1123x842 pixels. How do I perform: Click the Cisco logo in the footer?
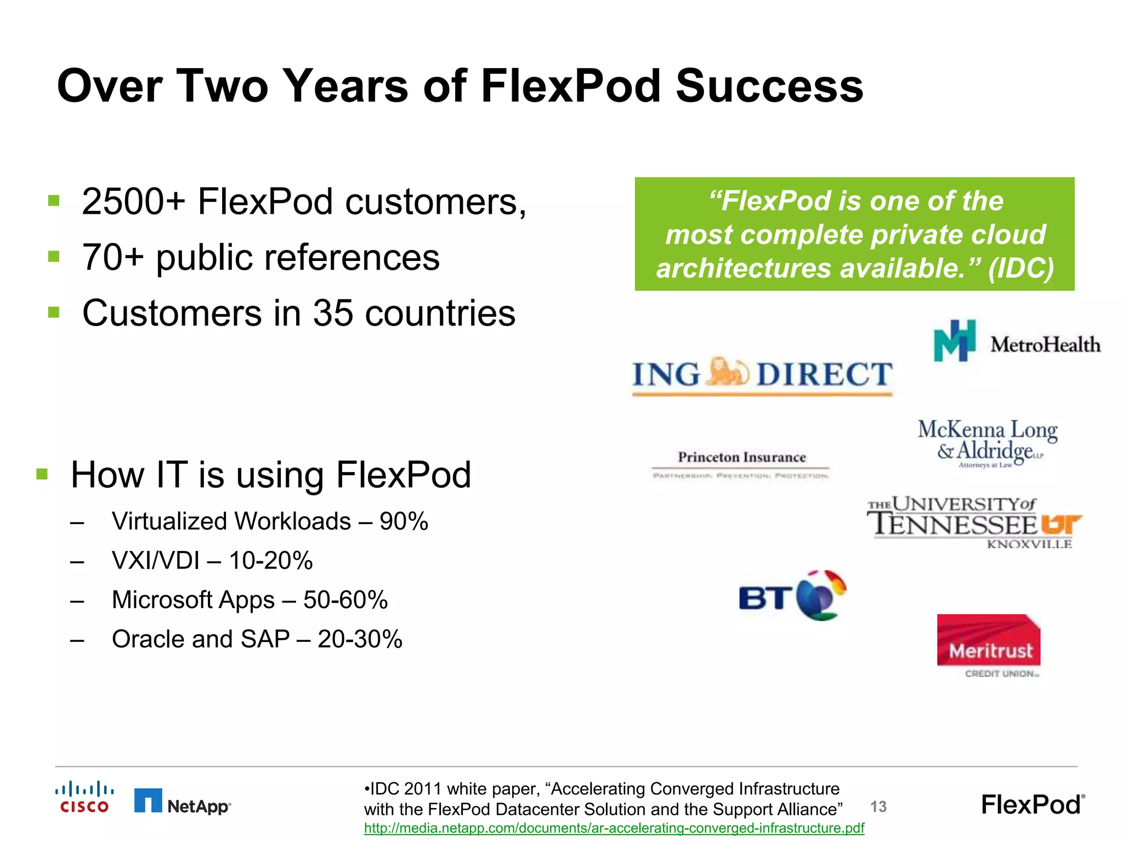pyautogui.click(x=84, y=797)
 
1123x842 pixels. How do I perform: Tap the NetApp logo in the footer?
pyautogui.click(x=183, y=801)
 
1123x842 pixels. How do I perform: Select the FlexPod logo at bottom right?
pyautogui.click(x=1033, y=805)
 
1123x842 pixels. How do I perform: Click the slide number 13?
pyautogui.click(x=878, y=806)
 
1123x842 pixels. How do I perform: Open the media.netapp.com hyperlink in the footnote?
pyautogui.click(x=614, y=828)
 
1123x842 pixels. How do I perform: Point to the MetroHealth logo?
pyautogui.click(x=1017, y=342)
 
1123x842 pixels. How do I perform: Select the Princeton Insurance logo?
pyautogui.click(x=741, y=464)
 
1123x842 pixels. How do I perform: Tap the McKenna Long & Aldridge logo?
pyautogui.click(x=988, y=443)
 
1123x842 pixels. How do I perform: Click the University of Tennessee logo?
pyautogui.click(x=974, y=521)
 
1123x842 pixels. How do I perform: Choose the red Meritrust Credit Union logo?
pyautogui.click(x=989, y=645)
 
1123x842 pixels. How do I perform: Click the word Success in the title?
pyautogui.click(x=769, y=86)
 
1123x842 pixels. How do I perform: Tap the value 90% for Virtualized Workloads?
pyautogui.click(x=404, y=521)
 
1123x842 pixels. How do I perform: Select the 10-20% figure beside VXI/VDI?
pyautogui.click(x=271, y=561)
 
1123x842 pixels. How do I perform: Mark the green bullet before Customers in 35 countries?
pyautogui.click(x=54, y=312)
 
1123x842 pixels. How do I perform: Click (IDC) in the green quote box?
pyautogui.click(x=1020, y=268)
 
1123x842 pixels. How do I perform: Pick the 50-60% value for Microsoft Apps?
pyautogui.click(x=345, y=600)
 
